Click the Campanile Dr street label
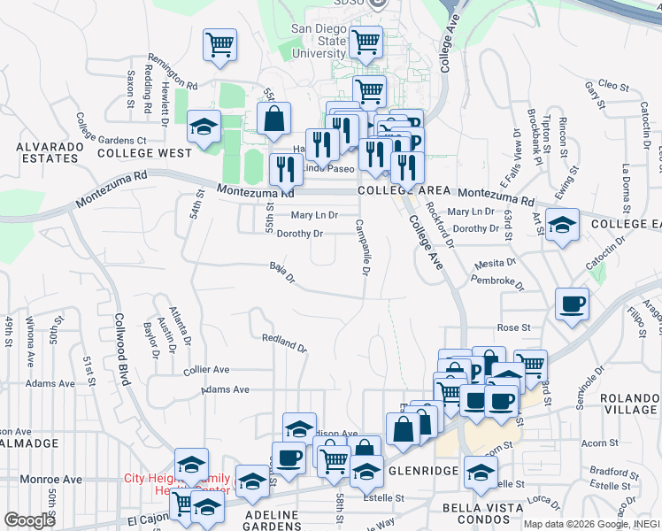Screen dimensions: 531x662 pyautogui.click(x=363, y=246)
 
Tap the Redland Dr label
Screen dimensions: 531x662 pyautogui.click(x=284, y=342)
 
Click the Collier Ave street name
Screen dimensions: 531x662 pyautogui.click(x=206, y=370)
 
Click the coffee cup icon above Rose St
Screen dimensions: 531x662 pyautogui.click(x=571, y=304)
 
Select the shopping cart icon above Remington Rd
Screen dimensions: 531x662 pyautogui.click(x=219, y=43)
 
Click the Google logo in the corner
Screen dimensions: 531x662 pyautogui.click(x=30, y=520)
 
